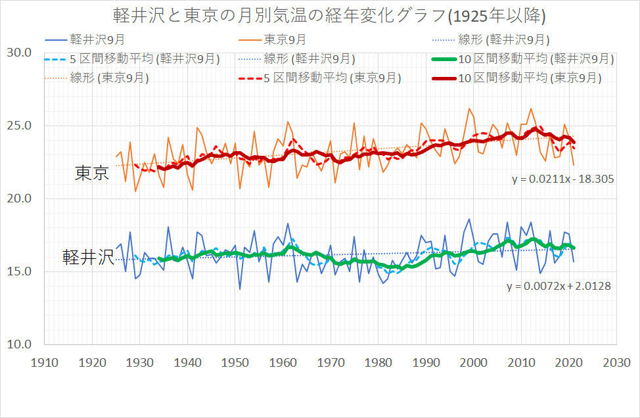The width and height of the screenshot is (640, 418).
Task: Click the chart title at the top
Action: (x=320, y=15)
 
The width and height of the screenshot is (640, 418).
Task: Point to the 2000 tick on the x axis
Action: (x=474, y=363)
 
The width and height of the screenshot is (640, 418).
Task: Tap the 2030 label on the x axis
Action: (x=616, y=363)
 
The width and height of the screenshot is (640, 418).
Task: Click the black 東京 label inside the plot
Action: (x=92, y=173)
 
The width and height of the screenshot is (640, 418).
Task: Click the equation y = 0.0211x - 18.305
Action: (x=562, y=178)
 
